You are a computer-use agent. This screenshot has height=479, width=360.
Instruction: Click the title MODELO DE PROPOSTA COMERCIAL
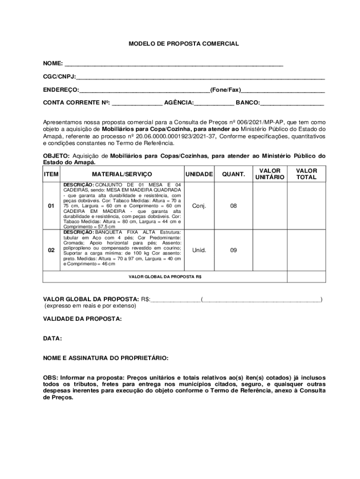[x=184, y=44]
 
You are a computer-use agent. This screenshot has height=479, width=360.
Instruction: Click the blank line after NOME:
[x=173, y=65]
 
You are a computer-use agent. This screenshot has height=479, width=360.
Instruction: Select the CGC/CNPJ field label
[x=59, y=76]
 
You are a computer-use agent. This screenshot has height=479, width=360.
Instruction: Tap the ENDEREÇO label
[x=61, y=89]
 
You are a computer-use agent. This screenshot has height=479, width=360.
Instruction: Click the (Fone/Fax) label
[x=225, y=89]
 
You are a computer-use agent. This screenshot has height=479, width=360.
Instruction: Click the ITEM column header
[x=51, y=174]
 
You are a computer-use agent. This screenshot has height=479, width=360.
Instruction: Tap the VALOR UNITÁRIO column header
[x=270, y=174]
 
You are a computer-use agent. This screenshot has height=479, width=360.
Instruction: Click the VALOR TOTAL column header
[x=306, y=174]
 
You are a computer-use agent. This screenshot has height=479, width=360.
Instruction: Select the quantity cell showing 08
[x=233, y=206]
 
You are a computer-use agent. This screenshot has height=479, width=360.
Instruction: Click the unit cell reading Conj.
[x=199, y=206]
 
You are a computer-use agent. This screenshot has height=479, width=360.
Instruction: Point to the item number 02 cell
[x=51, y=250]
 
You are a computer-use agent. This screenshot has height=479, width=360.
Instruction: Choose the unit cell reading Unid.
[x=199, y=250]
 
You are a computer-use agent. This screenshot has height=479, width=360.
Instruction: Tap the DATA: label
[x=52, y=338]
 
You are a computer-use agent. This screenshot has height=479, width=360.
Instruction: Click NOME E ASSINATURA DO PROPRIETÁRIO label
[x=106, y=358]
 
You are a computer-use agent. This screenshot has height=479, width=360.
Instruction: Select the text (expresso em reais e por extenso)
[x=90, y=306]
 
